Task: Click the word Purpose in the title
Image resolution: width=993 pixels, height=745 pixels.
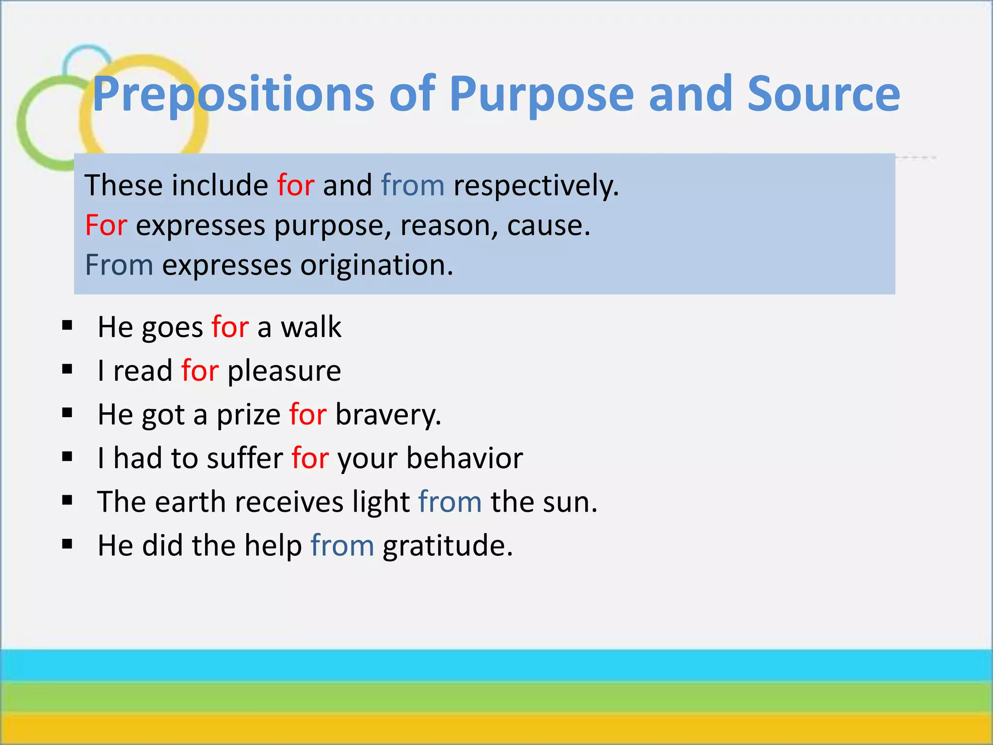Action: [x=542, y=94]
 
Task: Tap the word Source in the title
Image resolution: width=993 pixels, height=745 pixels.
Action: [x=823, y=94]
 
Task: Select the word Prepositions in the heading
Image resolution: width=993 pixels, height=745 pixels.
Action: [x=233, y=94]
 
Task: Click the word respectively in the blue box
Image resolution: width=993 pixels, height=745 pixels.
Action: [x=535, y=186]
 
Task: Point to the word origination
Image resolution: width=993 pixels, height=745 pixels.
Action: [x=376, y=265]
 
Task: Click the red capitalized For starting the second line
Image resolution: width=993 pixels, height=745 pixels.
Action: [x=106, y=226]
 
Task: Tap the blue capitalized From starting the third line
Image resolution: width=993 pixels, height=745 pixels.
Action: [x=119, y=265]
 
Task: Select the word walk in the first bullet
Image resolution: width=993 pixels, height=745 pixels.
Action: [x=311, y=327]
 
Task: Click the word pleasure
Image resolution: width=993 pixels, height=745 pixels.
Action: [x=284, y=371]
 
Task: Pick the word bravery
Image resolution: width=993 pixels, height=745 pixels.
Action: [x=388, y=415]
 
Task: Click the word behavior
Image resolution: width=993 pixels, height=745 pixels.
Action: [x=464, y=458]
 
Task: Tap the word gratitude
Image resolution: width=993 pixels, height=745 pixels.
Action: [x=447, y=546]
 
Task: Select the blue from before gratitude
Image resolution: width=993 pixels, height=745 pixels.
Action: [x=342, y=546]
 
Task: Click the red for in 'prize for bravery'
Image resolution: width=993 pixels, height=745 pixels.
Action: [x=308, y=415]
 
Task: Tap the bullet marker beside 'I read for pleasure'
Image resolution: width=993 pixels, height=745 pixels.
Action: [x=67, y=370]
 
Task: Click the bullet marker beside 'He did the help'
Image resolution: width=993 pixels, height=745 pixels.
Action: [x=67, y=544]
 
